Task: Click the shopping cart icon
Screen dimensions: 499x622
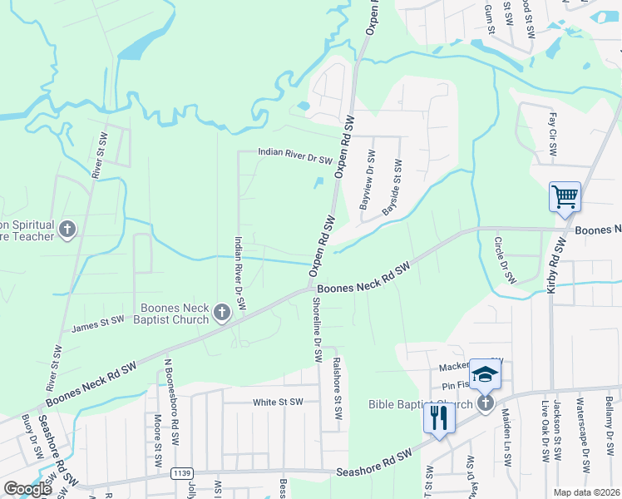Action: [565, 197]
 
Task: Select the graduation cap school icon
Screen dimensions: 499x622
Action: [484, 374]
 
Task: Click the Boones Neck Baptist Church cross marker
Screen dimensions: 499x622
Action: [221, 313]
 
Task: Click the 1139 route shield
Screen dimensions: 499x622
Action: [183, 473]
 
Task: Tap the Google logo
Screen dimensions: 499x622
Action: [27, 489]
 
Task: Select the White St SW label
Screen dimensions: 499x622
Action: [278, 402]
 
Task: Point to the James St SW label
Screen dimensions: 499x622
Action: [98, 324]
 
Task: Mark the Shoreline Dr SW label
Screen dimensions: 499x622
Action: [317, 329]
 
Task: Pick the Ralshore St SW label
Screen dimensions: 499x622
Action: [337, 388]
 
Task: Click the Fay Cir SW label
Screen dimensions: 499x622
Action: [552, 136]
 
